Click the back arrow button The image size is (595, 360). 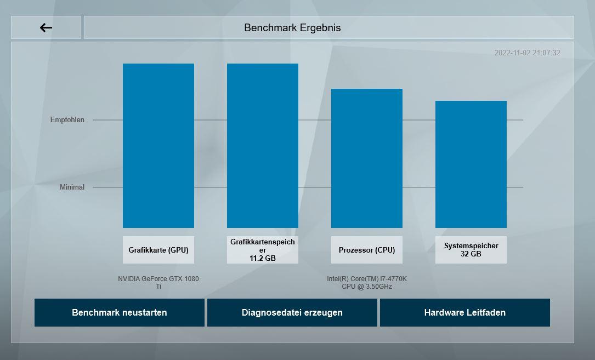pos(46,27)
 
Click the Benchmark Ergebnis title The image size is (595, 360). pos(292,27)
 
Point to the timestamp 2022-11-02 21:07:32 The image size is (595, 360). pos(527,53)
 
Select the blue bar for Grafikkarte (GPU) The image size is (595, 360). pos(158,145)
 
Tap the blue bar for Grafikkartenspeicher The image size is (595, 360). pos(263,145)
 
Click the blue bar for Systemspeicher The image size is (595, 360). pos(471,164)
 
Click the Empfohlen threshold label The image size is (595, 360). pos(67,119)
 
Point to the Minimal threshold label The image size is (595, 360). pos(72,187)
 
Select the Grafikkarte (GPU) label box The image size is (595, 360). pos(158,250)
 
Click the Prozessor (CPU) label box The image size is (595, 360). pos(367,250)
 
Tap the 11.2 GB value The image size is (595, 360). pos(263,258)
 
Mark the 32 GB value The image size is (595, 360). pos(471,254)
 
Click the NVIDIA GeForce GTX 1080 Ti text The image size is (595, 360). pos(158,282)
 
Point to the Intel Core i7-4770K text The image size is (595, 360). pos(367,282)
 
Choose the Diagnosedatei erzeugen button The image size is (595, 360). pos(292,312)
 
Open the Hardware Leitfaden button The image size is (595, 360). pos(465,312)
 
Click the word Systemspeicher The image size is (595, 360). pos(471,246)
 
